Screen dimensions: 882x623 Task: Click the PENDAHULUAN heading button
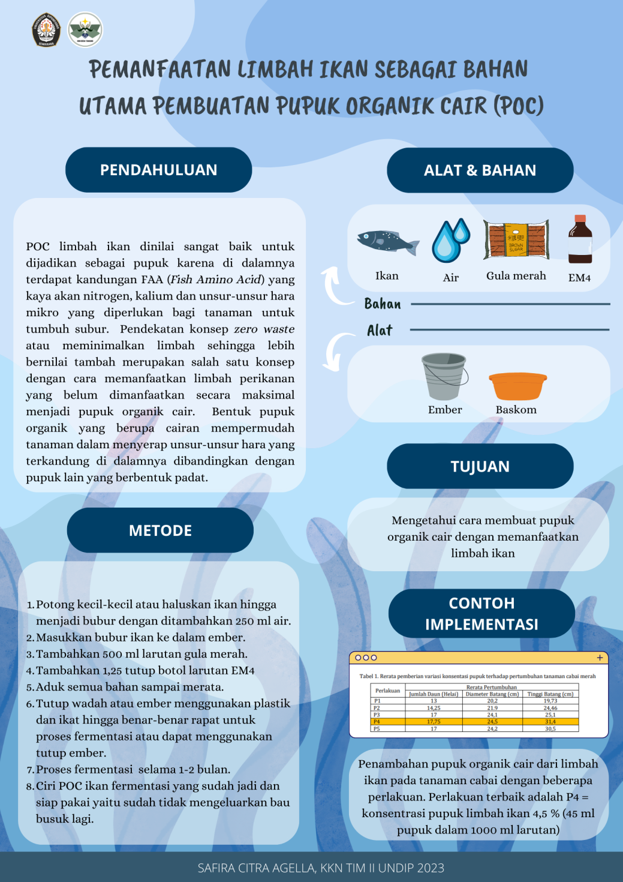158,170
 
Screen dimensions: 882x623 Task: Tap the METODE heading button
160,530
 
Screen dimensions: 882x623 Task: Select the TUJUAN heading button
480,466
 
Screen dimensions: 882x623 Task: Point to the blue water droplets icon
450,240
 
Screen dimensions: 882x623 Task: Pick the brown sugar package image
516,239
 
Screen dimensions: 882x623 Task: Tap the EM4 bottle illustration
580,239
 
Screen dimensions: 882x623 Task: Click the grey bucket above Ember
444,376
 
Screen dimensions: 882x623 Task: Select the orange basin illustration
517,386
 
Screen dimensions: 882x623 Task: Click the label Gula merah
516,276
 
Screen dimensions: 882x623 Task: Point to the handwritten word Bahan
383,304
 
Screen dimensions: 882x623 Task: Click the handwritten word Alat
380,331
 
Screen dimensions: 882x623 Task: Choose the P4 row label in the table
377,722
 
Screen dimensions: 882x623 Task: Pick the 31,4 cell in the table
550,722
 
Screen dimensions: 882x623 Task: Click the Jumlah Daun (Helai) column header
434,694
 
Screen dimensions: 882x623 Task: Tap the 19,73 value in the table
550,701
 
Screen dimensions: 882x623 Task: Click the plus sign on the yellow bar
600,658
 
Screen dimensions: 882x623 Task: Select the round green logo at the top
85,29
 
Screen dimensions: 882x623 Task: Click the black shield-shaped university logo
46,29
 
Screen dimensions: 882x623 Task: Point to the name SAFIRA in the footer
216,868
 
